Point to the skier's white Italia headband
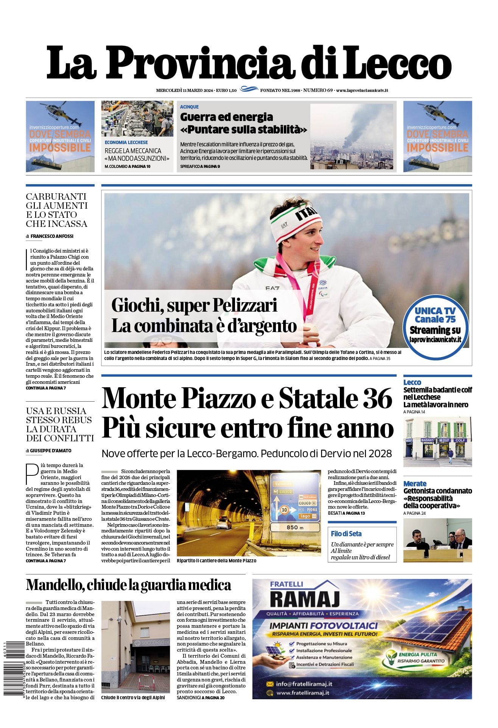(x=296, y=223)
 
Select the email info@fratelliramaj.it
(x=304, y=684)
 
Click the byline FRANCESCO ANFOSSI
(x=52, y=236)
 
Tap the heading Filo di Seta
(x=346, y=534)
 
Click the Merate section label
(x=414, y=483)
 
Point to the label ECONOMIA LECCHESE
(x=126, y=143)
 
